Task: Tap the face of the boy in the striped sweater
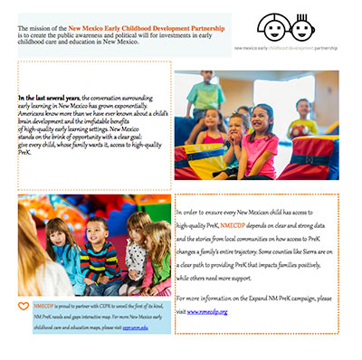click(96, 229)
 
